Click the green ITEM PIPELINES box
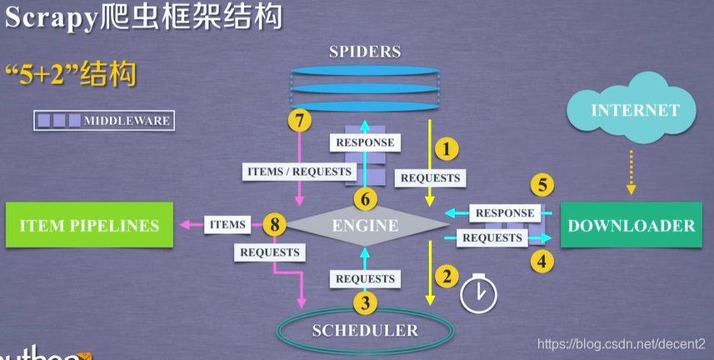pos(88,225)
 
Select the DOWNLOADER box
pos(631,225)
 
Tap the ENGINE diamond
pos(366,225)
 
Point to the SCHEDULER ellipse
pos(364,331)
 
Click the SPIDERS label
pos(365,52)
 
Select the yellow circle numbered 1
pos(447,149)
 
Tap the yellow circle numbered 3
pos(364,302)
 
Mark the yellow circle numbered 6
pos(365,199)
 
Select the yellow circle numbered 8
pos(274,224)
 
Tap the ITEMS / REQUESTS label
pos(300,171)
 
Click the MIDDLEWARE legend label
pos(127,121)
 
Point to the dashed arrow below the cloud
pos(631,172)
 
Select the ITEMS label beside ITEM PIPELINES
pos(227,224)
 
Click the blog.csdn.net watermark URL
pos(621,343)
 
